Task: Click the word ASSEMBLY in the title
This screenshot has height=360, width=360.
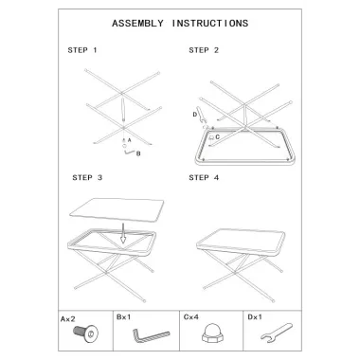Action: pos(137,24)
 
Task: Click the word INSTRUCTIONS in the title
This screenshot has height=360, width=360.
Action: pos(210,24)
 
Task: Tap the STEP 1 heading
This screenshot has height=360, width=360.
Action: pos(82,50)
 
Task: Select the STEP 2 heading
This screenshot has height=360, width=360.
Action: pos(204,50)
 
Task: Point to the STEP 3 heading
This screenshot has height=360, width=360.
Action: pos(87,178)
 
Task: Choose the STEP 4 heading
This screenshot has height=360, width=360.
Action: pos(204,178)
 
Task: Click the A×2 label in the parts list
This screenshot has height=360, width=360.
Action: pos(68,319)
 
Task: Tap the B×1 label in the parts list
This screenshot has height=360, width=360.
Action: pos(123,316)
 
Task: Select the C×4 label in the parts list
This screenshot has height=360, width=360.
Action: pos(191,316)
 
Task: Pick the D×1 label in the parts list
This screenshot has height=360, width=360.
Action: pos(255,316)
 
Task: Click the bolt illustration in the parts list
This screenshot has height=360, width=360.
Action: pos(85,333)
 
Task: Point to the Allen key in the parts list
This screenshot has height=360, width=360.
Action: pos(151,335)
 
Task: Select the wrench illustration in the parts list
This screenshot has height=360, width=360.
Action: pos(277,333)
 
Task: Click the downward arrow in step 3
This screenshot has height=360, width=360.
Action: pos(123,234)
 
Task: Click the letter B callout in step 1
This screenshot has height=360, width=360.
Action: pos(138,153)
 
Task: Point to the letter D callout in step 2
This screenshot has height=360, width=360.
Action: pos(195,115)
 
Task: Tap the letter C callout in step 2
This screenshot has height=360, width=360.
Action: pos(218,137)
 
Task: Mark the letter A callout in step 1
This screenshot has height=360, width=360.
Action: pos(129,140)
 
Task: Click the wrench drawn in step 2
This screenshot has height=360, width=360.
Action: pos(201,116)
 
